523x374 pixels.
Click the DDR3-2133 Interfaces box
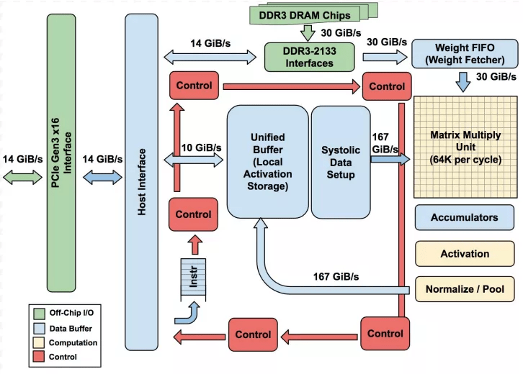309,56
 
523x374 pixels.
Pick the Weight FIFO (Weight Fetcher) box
463,53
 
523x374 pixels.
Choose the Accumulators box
464,217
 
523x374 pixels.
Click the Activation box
464,253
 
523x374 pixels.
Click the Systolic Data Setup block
339,162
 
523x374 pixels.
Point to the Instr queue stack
193,278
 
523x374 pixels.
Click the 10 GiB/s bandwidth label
201,147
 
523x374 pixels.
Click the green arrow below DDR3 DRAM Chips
308,32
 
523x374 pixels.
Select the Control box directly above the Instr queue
194,214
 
